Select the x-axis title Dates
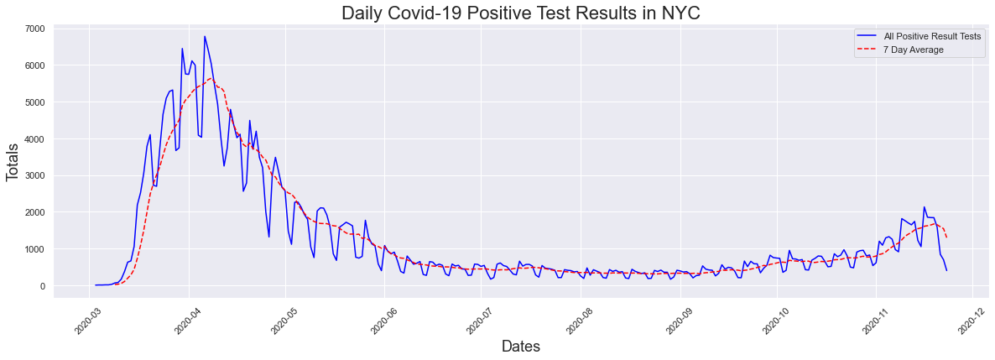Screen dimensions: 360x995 coord(520,347)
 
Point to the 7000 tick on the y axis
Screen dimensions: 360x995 coord(34,29)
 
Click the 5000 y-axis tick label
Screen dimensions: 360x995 coord(34,102)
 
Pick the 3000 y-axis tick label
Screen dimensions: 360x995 coord(34,175)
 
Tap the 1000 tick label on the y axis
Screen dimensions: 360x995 coord(34,249)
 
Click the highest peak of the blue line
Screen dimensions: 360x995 coord(205,36)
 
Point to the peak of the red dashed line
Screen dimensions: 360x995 coord(211,79)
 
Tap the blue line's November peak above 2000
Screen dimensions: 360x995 coord(924,207)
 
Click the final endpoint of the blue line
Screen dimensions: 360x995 coord(946,270)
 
